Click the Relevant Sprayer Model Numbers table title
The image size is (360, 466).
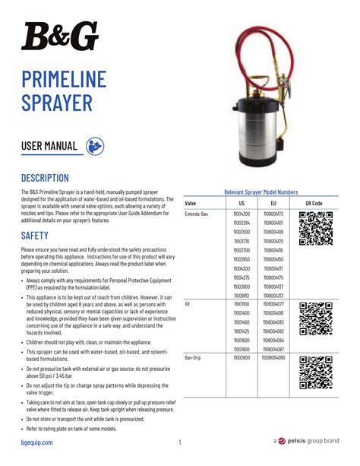coord(261,192)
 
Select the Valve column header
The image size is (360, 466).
coord(191,204)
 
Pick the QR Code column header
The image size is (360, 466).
coord(314,204)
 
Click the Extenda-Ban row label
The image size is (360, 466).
coord(197,215)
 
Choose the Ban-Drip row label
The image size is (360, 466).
coord(193,357)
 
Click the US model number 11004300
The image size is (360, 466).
coord(241,215)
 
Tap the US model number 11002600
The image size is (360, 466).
coord(241,357)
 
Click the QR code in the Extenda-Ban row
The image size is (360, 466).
coord(314,229)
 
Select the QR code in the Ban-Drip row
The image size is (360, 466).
coord(314,372)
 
